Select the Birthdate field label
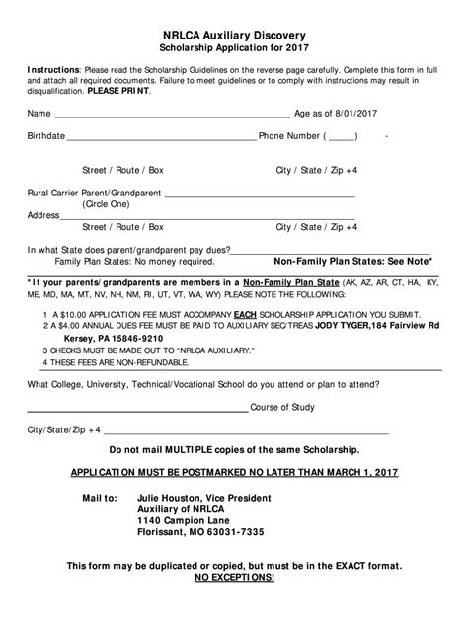[x=46, y=136]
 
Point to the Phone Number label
[x=289, y=136]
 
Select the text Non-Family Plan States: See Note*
[x=352, y=261]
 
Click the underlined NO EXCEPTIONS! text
[x=234, y=577]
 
